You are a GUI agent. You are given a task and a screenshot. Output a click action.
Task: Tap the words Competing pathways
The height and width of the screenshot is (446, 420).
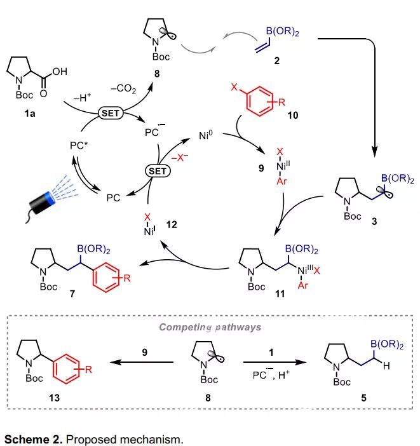point(210,327)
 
